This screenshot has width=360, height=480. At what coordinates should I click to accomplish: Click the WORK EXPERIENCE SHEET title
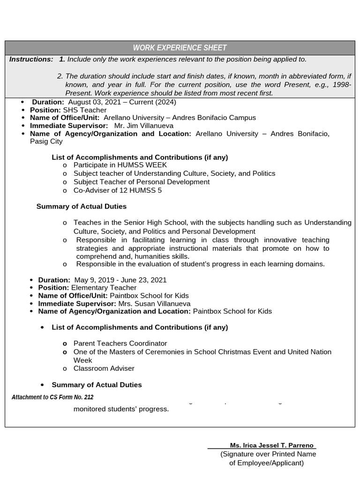180,48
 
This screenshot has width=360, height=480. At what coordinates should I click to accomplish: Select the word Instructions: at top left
31,60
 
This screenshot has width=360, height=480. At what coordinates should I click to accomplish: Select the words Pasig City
46,142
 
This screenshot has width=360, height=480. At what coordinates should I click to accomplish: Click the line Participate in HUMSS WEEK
120,165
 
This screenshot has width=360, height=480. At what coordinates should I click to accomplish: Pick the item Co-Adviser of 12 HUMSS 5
118,190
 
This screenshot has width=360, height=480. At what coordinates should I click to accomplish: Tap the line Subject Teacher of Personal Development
142,182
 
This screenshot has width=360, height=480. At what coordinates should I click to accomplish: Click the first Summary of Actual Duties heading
82,206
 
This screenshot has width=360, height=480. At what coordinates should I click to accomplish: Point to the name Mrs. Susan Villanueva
154,304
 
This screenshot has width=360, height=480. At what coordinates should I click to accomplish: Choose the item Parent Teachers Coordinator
120,344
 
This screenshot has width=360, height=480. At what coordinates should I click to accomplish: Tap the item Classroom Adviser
104,368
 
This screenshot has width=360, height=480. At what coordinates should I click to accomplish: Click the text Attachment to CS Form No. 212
52,397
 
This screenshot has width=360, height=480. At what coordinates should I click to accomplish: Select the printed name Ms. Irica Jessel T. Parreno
271,445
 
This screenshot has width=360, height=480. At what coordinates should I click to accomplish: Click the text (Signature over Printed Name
268,454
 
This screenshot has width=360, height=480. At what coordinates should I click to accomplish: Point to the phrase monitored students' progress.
121,409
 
